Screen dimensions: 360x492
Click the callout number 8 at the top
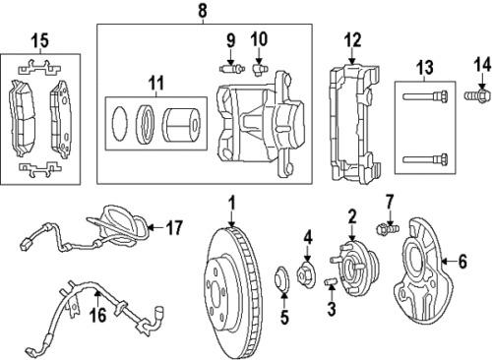(204, 11)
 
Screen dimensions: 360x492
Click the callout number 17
(174, 228)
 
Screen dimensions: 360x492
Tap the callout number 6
(454, 262)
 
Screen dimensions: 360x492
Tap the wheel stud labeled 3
(332, 284)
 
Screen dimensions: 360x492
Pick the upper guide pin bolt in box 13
(426, 96)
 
